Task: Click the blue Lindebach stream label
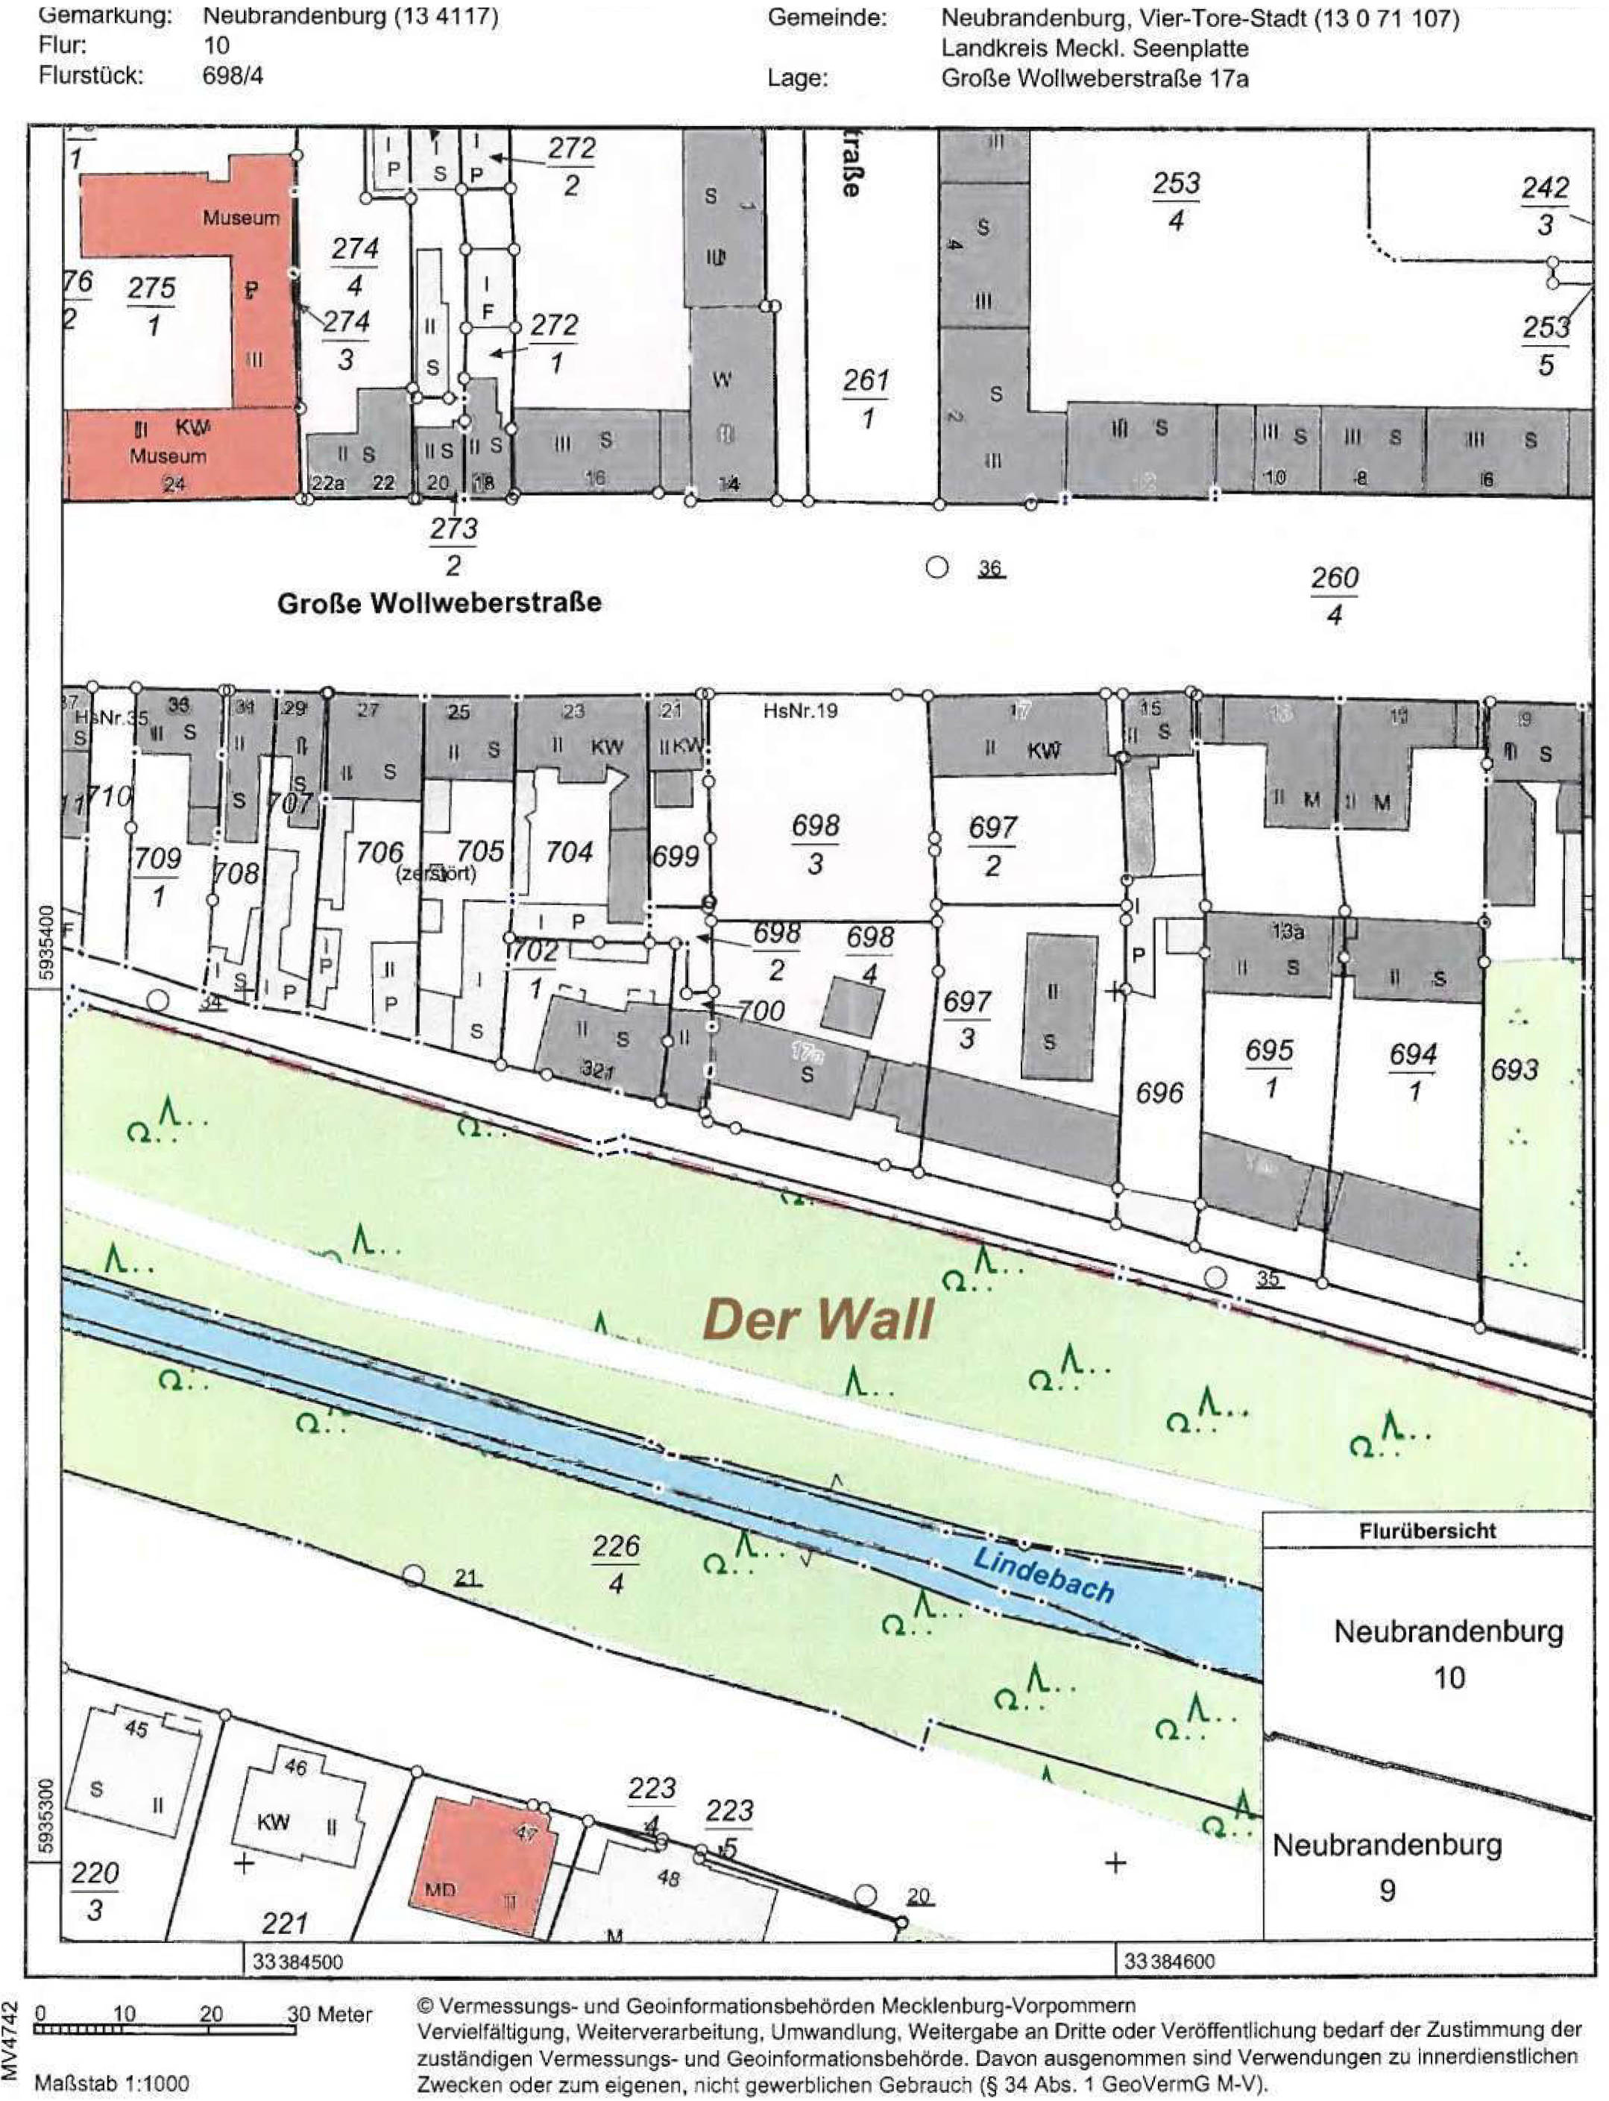pos(1043,1575)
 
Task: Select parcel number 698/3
pos(815,844)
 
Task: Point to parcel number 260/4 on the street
pos(1334,595)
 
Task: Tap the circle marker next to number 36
pos(936,567)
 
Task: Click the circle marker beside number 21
pos(413,1576)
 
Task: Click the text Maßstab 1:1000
pos(111,2084)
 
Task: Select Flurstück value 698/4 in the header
pos(232,75)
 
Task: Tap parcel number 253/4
pos(1176,201)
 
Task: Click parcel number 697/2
pos(992,845)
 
